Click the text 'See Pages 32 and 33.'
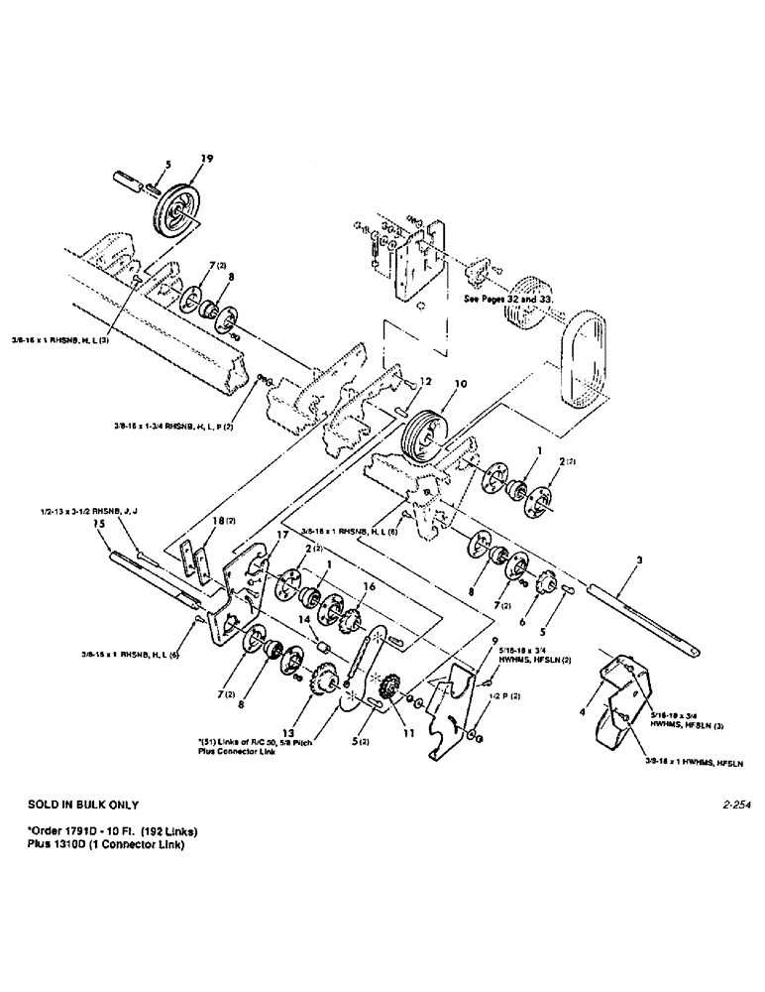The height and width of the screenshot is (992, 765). tap(509, 297)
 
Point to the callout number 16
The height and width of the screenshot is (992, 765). tap(370, 586)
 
